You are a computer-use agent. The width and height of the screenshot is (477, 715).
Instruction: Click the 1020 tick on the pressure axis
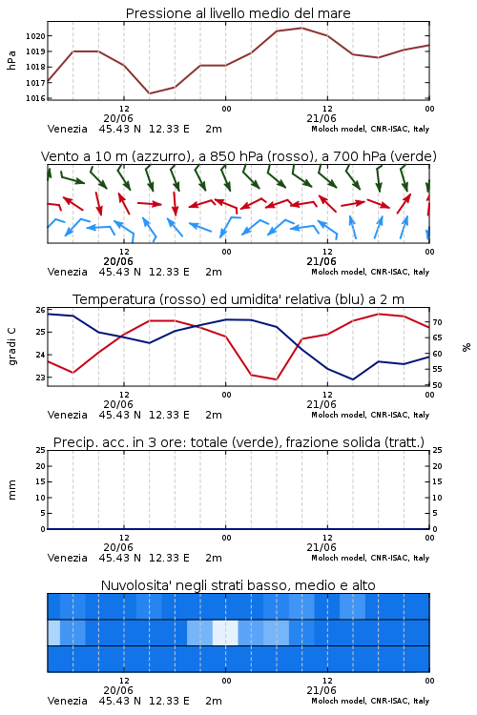coord(35,36)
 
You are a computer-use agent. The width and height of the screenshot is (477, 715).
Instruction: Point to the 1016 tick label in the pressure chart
coord(35,98)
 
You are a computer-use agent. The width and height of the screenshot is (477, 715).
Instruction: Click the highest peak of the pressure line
coord(301,28)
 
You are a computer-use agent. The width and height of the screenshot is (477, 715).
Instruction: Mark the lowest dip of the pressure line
coord(149,93)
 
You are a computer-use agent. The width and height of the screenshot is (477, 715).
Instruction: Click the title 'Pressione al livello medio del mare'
coord(238,13)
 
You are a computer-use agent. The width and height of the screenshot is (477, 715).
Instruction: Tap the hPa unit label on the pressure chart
coord(11,60)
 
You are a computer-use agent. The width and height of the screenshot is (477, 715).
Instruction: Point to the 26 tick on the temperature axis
coord(40,310)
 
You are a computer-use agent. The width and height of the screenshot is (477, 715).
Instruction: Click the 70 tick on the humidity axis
coord(437,322)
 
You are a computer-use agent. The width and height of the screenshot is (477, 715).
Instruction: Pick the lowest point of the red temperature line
coord(276,379)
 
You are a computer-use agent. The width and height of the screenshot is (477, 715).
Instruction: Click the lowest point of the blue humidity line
coord(352,379)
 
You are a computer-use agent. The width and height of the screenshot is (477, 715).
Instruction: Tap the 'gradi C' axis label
coord(11,346)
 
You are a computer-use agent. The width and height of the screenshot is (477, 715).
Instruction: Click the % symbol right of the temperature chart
coord(467,347)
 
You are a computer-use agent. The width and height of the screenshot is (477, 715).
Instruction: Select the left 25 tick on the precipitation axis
coord(41,450)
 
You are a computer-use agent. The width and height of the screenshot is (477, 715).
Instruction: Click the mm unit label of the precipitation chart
coord(11,490)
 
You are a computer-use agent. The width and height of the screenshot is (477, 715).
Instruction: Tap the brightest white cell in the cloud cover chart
coord(225,632)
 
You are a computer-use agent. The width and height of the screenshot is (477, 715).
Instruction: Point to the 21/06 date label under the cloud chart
coord(321,690)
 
